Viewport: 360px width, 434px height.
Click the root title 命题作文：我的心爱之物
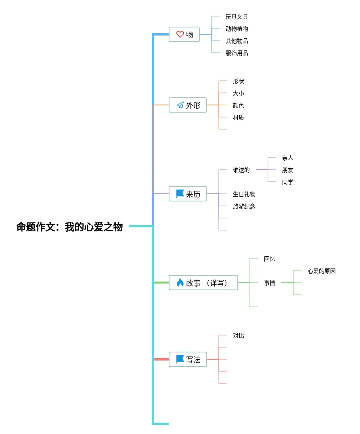69,227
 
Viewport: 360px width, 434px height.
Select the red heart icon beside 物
180,34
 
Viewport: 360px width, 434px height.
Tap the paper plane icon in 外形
180,105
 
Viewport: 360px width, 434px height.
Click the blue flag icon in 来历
180,194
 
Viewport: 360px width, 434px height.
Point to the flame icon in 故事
180,283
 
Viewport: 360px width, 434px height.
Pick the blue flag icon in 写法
180,359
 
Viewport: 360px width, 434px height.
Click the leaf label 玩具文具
237,17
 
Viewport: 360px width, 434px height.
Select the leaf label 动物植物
237,29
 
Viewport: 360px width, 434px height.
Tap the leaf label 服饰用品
237,53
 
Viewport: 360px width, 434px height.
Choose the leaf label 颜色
239,105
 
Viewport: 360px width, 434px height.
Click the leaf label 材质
239,117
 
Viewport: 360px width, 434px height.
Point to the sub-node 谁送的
241,170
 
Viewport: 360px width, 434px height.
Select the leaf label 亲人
288,158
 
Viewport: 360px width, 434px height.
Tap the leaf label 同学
288,182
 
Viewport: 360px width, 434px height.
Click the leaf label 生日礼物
244,194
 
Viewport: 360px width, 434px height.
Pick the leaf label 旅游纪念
244,206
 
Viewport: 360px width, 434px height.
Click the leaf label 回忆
270,259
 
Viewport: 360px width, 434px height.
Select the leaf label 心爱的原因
322,271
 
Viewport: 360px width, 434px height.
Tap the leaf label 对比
239,335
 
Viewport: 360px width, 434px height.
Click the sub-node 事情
270,283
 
